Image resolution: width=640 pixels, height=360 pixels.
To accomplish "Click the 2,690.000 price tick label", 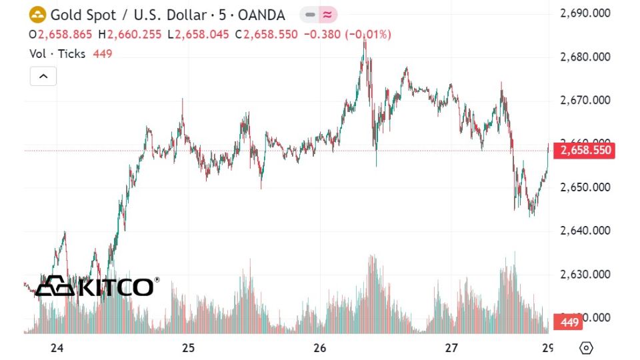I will coord(586,13).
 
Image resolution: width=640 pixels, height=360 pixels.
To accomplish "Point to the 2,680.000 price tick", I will coord(586,57).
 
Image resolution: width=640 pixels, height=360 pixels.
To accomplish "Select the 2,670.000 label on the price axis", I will coord(586,100).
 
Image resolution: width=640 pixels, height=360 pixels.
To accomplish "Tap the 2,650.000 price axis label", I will coord(586,187).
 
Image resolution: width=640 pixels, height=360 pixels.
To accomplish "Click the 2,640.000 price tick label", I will coord(586,231).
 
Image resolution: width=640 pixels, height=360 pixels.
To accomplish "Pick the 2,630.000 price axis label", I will coord(586,274).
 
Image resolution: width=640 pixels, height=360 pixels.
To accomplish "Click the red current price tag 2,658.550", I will coord(586,151).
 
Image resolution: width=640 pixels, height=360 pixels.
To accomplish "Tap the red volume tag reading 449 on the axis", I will coord(570,323).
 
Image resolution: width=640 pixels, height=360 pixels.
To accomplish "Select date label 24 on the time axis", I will coord(57,348).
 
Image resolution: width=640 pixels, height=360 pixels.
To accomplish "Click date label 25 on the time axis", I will coord(188,348).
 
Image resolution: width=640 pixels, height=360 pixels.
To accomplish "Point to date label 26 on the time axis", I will coord(319,348).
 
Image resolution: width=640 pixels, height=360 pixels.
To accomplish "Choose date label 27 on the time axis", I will coord(451,348).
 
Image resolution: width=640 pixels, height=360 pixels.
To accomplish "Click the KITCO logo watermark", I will coord(97,286).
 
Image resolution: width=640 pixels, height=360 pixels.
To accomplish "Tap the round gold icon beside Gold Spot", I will coord(38,15).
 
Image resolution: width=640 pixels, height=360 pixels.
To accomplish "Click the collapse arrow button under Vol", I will coord(43,76).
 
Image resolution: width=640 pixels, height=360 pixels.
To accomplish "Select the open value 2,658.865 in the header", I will coord(66,34).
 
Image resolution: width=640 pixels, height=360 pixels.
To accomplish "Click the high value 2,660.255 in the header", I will coord(134,34).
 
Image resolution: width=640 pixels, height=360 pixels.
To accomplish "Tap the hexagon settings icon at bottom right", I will coord(586,348).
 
